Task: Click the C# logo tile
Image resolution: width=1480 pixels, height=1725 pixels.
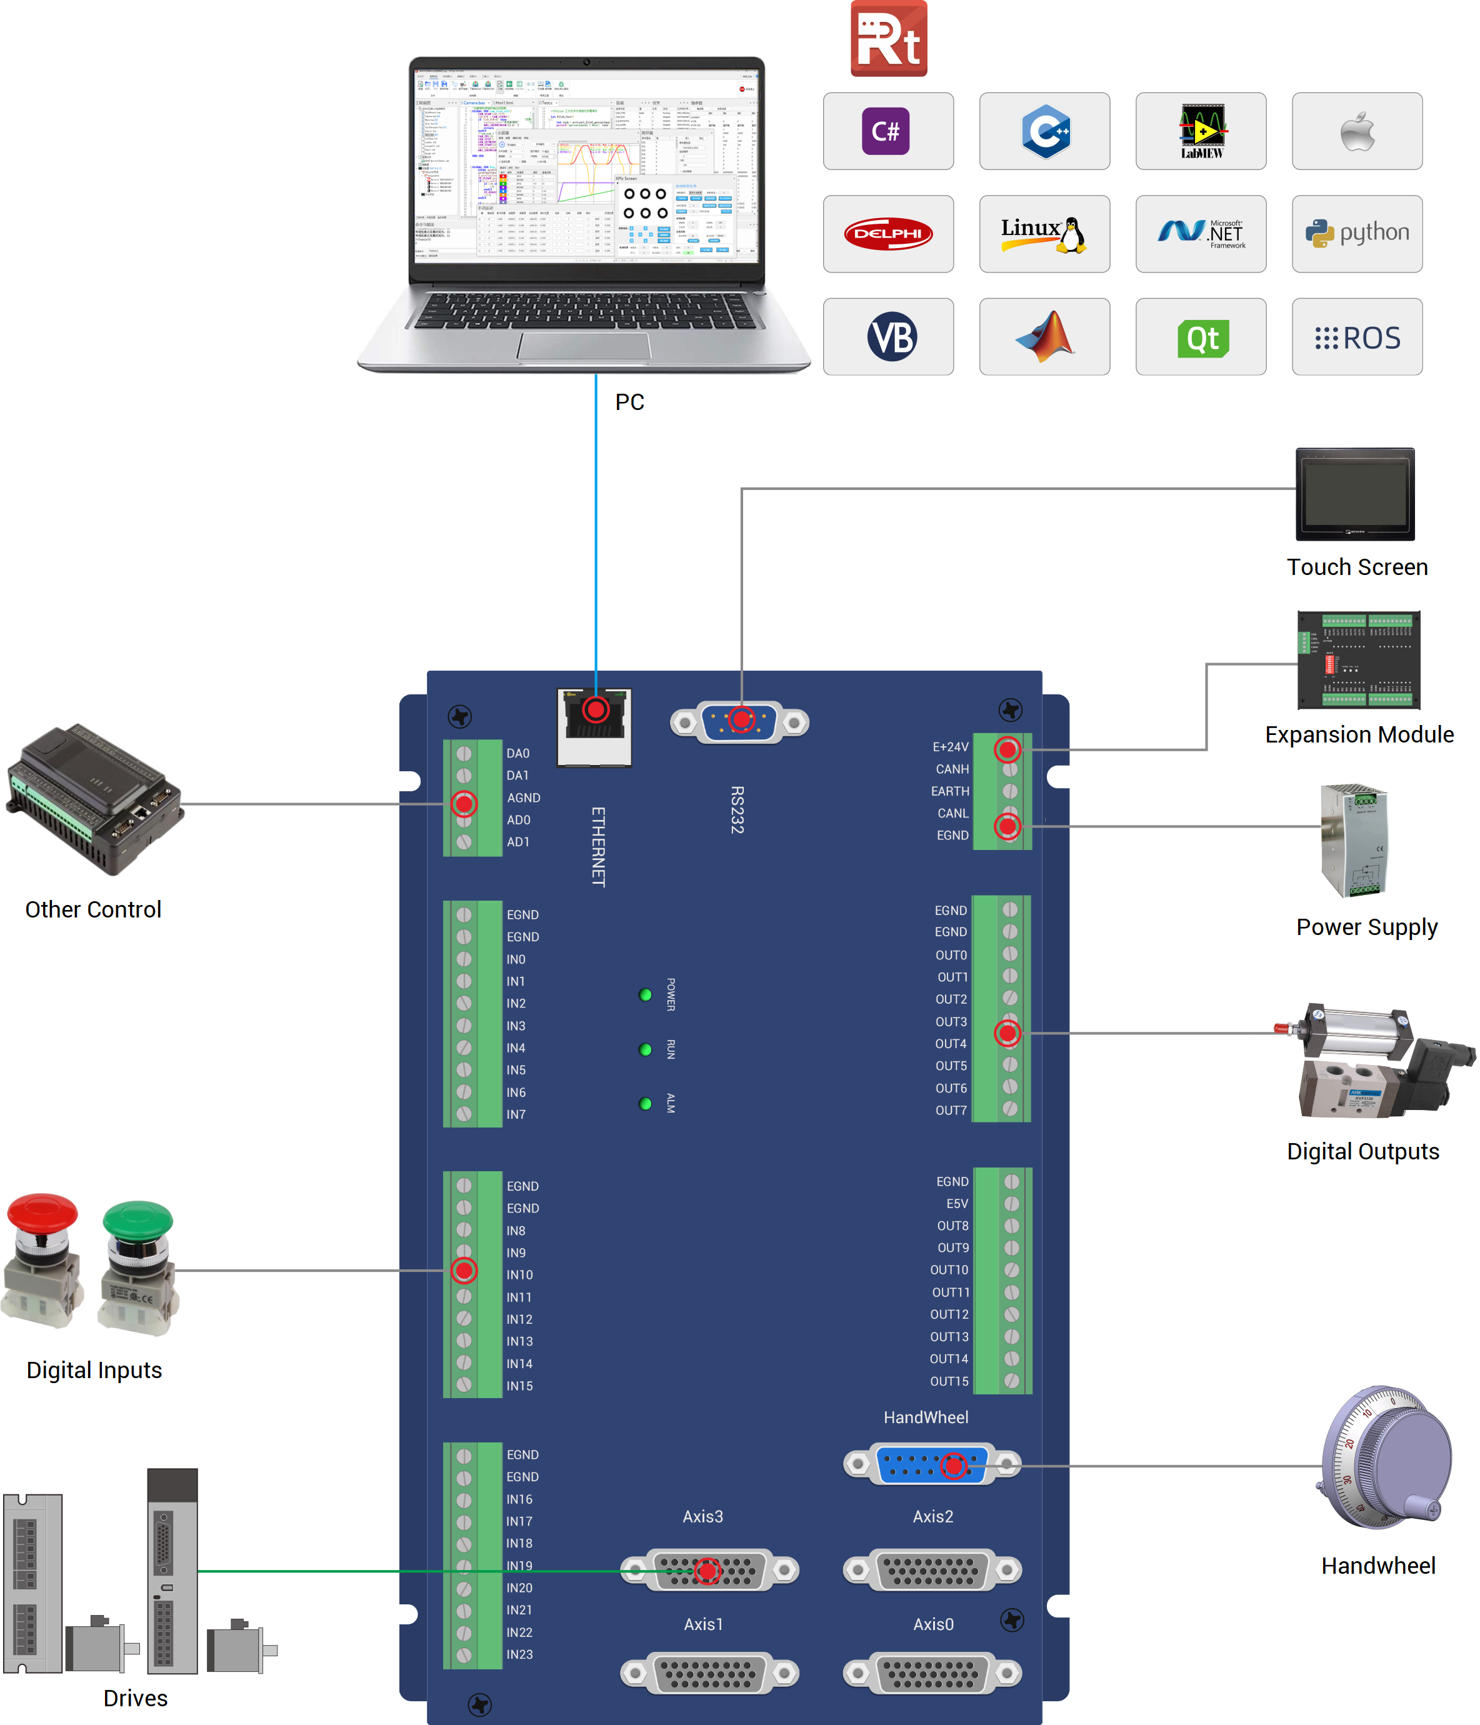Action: pyautogui.click(x=887, y=131)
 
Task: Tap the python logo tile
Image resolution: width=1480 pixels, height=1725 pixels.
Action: pyautogui.click(x=1356, y=234)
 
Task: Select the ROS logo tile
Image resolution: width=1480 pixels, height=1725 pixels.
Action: pyautogui.click(x=1356, y=337)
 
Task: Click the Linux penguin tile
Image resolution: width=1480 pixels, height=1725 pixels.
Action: pyautogui.click(x=1044, y=234)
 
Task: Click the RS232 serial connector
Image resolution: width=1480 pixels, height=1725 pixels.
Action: pyautogui.click(x=739, y=722)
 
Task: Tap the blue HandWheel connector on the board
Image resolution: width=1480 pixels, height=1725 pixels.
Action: pyautogui.click(x=931, y=1464)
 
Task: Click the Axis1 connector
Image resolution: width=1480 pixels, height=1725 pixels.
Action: pyautogui.click(x=709, y=1672)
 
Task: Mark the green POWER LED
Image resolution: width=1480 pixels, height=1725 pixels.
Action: pyautogui.click(x=645, y=995)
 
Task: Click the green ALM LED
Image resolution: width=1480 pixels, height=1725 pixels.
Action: pyautogui.click(x=645, y=1104)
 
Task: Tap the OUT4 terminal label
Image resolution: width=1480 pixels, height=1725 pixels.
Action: pyautogui.click(x=951, y=1044)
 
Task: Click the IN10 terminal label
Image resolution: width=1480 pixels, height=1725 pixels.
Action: pyautogui.click(x=519, y=1274)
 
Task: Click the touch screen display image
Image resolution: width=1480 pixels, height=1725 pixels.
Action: pyautogui.click(x=1354, y=494)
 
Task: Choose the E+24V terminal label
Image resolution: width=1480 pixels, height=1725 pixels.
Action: pyautogui.click(x=950, y=747)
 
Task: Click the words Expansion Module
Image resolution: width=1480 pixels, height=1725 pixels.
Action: pyautogui.click(x=1359, y=734)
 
